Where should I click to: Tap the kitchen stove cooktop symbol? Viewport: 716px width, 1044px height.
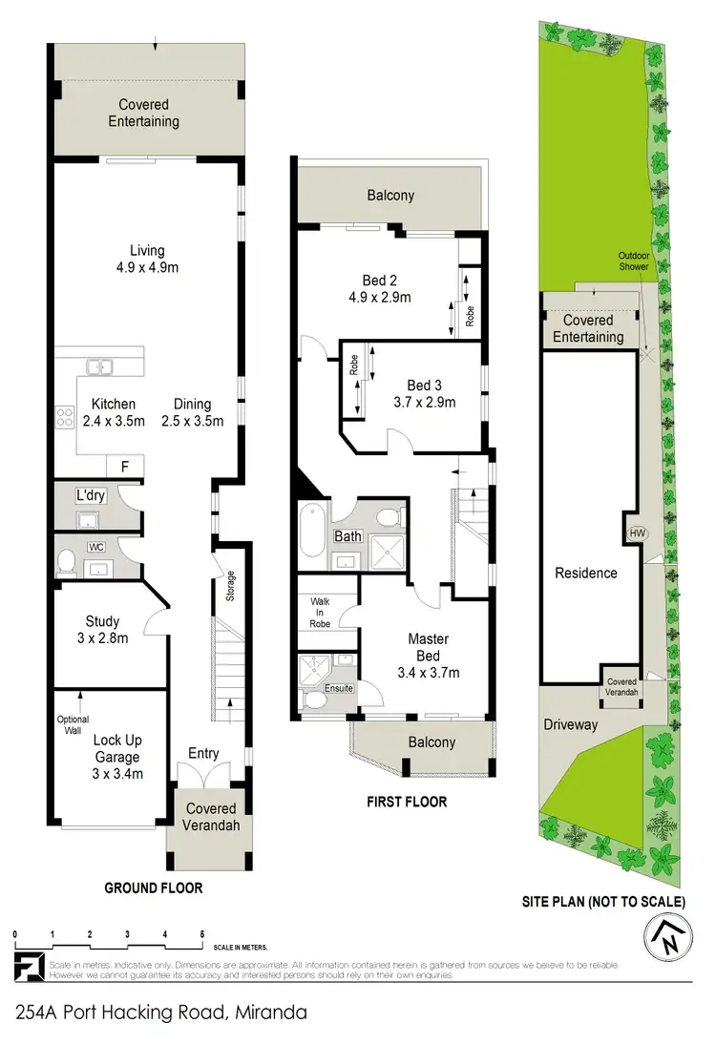coord(65,417)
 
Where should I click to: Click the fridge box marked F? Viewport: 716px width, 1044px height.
coord(124,466)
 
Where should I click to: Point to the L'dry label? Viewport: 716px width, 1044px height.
coord(91,496)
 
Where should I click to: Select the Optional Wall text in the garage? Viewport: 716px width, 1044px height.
coord(73,724)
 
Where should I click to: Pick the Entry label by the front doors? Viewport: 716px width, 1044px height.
coord(202,754)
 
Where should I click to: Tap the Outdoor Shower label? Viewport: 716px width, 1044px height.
coord(633,261)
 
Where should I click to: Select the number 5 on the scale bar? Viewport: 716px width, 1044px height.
coord(201,934)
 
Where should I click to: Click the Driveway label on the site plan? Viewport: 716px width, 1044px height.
coord(571,724)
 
